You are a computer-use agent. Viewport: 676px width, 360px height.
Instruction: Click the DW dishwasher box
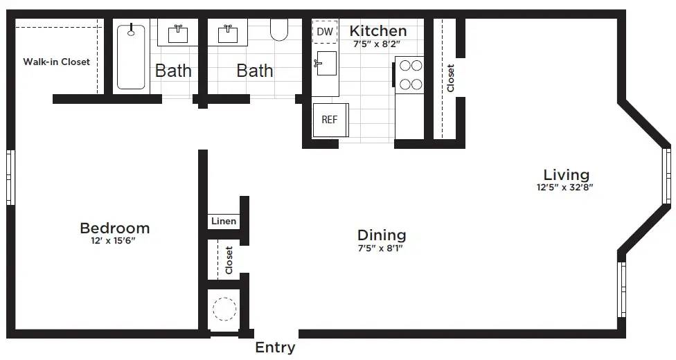325,32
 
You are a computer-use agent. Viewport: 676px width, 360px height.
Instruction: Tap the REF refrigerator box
330,119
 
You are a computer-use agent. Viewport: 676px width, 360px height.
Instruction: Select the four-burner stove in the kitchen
409,75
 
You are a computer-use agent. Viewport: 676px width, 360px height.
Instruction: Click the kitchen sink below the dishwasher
326,63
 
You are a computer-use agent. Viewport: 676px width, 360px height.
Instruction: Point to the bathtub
131,57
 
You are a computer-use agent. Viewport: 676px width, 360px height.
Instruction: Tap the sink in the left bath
179,32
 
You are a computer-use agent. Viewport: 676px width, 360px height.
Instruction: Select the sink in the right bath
229,33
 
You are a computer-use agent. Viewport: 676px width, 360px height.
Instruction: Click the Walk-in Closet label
57,62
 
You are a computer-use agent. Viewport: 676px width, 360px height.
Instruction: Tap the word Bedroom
114,228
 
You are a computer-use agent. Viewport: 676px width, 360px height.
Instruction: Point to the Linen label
223,222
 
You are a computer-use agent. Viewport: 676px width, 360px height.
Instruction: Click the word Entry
275,348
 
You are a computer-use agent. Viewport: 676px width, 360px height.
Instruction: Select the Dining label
382,235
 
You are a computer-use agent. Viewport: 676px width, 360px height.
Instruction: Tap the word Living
566,174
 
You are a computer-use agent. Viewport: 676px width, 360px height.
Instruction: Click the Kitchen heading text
377,30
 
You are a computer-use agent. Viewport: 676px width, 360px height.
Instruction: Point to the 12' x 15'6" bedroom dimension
114,241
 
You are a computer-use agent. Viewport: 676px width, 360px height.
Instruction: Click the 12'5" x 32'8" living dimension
565,187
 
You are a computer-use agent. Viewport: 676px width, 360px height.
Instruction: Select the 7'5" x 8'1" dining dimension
382,248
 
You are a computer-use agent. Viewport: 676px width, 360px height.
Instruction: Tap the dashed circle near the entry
224,309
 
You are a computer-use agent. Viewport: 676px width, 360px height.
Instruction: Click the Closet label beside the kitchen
451,78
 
